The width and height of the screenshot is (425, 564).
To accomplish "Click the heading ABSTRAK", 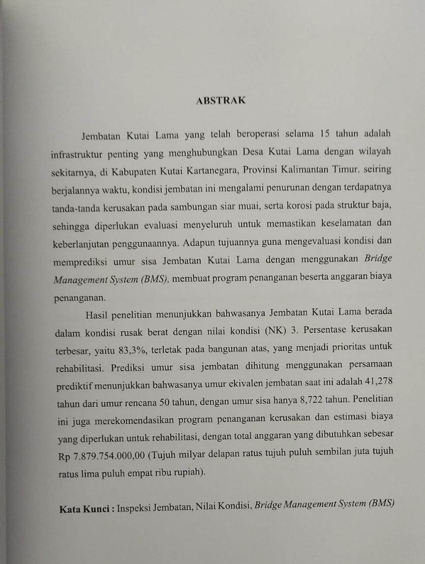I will click(221, 100).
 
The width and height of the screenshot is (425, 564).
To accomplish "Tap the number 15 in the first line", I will click(324, 134).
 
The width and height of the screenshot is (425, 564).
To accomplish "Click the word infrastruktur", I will click(76, 153).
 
